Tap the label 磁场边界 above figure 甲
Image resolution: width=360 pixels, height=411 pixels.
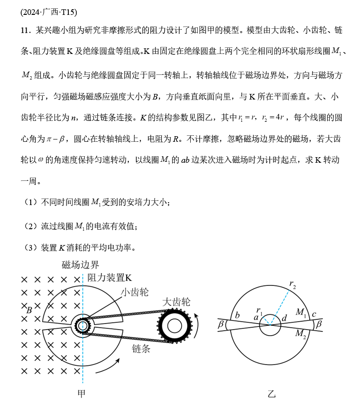click(80, 265)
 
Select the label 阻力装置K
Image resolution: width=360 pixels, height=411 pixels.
click(111, 278)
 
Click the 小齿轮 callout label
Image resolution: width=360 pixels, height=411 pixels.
click(135, 292)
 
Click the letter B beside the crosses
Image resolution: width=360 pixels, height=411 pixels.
click(29, 310)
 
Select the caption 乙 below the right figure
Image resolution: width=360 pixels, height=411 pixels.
click(272, 394)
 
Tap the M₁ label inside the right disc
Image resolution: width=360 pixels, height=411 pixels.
click(301, 312)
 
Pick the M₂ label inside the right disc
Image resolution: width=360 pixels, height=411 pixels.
click(301, 333)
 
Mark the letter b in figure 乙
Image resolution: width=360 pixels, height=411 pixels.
click(237, 316)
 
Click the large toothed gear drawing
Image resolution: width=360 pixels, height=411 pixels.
click(174, 325)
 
